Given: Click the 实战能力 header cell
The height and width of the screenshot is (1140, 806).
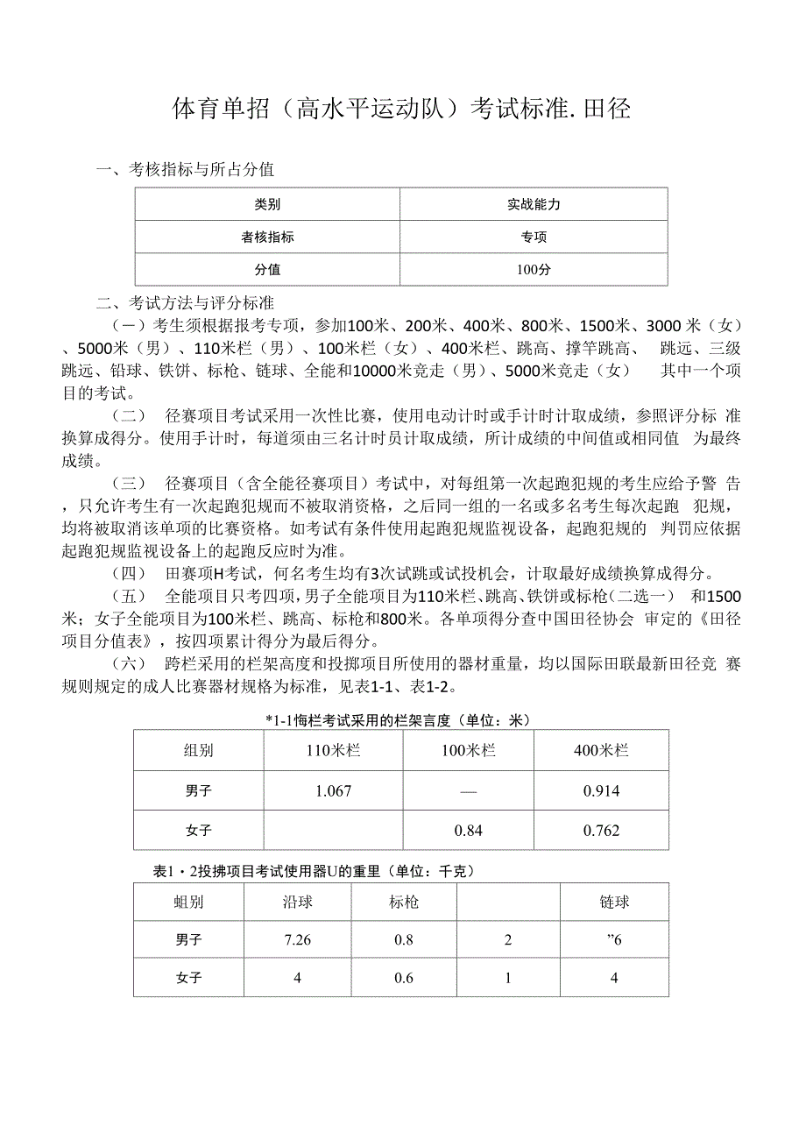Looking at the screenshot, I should (x=533, y=204).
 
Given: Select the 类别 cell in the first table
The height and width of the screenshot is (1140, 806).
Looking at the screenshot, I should (x=267, y=204).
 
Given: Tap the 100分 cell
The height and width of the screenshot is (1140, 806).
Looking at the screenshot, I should (x=533, y=270).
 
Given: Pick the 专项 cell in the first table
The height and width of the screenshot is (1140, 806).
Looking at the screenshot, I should (x=533, y=237).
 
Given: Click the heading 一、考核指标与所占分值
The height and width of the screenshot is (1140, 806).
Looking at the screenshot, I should (x=185, y=170).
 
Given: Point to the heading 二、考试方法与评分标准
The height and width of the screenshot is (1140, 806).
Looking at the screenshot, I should (x=185, y=304).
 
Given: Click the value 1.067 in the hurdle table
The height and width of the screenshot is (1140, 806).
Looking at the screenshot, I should (x=333, y=791).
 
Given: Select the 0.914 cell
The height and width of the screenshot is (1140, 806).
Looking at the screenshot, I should (x=601, y=791).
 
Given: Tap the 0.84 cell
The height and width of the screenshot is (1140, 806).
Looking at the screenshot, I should (x=469, y=831).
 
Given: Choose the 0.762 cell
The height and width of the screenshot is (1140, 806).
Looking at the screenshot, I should (x=601, y=831).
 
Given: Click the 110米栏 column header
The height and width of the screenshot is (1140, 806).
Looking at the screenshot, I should (x=333, y=751).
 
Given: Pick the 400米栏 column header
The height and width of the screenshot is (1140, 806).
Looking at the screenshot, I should (x=601, y=751).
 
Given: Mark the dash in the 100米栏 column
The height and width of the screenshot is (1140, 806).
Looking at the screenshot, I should (x=469, y=791).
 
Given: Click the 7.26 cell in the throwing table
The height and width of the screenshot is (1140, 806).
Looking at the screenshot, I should (x=298, y=940).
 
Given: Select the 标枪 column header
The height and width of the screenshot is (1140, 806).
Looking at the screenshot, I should (x=403, y=902).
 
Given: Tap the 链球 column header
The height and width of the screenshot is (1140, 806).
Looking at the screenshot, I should (x=614, y=902).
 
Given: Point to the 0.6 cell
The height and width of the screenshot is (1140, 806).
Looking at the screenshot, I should (x=403, y=978).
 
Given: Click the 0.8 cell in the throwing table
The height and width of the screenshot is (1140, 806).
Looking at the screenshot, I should (x=403, y=940).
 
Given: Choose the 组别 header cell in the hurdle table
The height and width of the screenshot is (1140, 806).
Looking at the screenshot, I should (x=198, y=751).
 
